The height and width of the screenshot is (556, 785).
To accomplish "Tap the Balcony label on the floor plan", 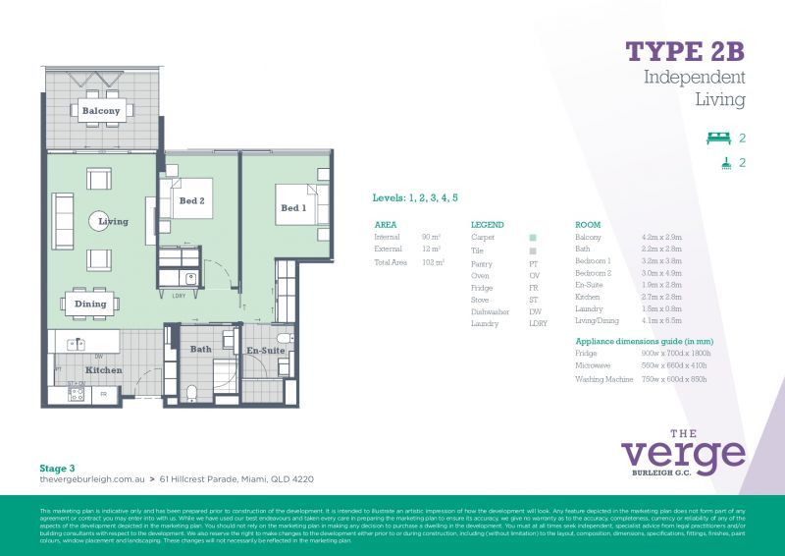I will (x=101, y=111).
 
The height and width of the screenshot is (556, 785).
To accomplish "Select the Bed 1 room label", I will (x=292, y=208).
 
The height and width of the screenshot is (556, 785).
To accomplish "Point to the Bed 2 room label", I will (x=191, y=201).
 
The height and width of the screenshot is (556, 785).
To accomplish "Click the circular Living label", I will (x=113, y=222).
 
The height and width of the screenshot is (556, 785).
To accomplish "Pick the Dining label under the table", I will (x=90, y=305).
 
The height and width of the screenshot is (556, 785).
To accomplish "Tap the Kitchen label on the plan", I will (x=103, y=370).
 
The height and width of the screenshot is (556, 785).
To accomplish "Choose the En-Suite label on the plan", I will (x=265, y=350).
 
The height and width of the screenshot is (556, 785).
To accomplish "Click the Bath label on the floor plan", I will (x=201, y=349).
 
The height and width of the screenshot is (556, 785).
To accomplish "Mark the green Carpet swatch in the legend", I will (x=532, y=238).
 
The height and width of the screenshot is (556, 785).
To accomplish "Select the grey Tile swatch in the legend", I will (x=532, y=251).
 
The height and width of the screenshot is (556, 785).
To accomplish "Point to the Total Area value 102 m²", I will (x=432, y=262).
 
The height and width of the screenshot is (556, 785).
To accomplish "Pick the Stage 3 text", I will (x=57, y=469).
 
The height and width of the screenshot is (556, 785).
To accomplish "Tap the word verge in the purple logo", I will (x=683, y=454).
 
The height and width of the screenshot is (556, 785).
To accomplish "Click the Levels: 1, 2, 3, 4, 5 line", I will (x=415, y=198).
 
